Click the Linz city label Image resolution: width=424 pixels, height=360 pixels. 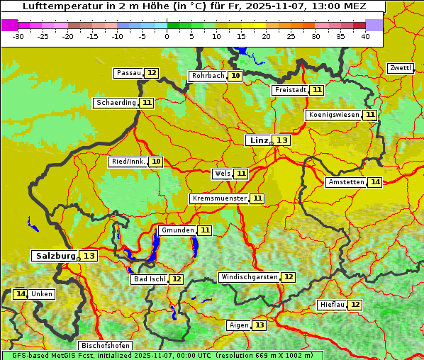click(x=258, y=140)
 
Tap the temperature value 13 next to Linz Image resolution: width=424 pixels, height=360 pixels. click(x=282, y=140)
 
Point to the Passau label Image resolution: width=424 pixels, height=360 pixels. click(x=129, y=73)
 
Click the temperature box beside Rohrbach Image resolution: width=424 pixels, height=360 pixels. click(x=235, y=76)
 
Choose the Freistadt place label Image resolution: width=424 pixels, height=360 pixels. click(x=290, y=90)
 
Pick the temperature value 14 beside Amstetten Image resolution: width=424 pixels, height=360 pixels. click(x=375, y=182)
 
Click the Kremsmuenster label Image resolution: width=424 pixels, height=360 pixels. click(x=219, y=198)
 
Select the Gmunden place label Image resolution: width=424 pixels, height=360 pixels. click(x=177, y=230)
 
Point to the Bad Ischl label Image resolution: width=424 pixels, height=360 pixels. click(x=149, y=279)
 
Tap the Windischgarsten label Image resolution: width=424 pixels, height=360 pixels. click(x=248, y=277)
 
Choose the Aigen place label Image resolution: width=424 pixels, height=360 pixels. click(x=239, y=325)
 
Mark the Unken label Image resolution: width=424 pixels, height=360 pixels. click(x=42, y=294)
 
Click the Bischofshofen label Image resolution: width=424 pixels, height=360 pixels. click(x=105, y=346)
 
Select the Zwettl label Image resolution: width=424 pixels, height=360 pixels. click(x=401, y=68)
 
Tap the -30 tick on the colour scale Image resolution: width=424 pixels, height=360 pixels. click(x=18, y=36)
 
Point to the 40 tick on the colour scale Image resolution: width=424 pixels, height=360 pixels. click(x=365, y=36)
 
